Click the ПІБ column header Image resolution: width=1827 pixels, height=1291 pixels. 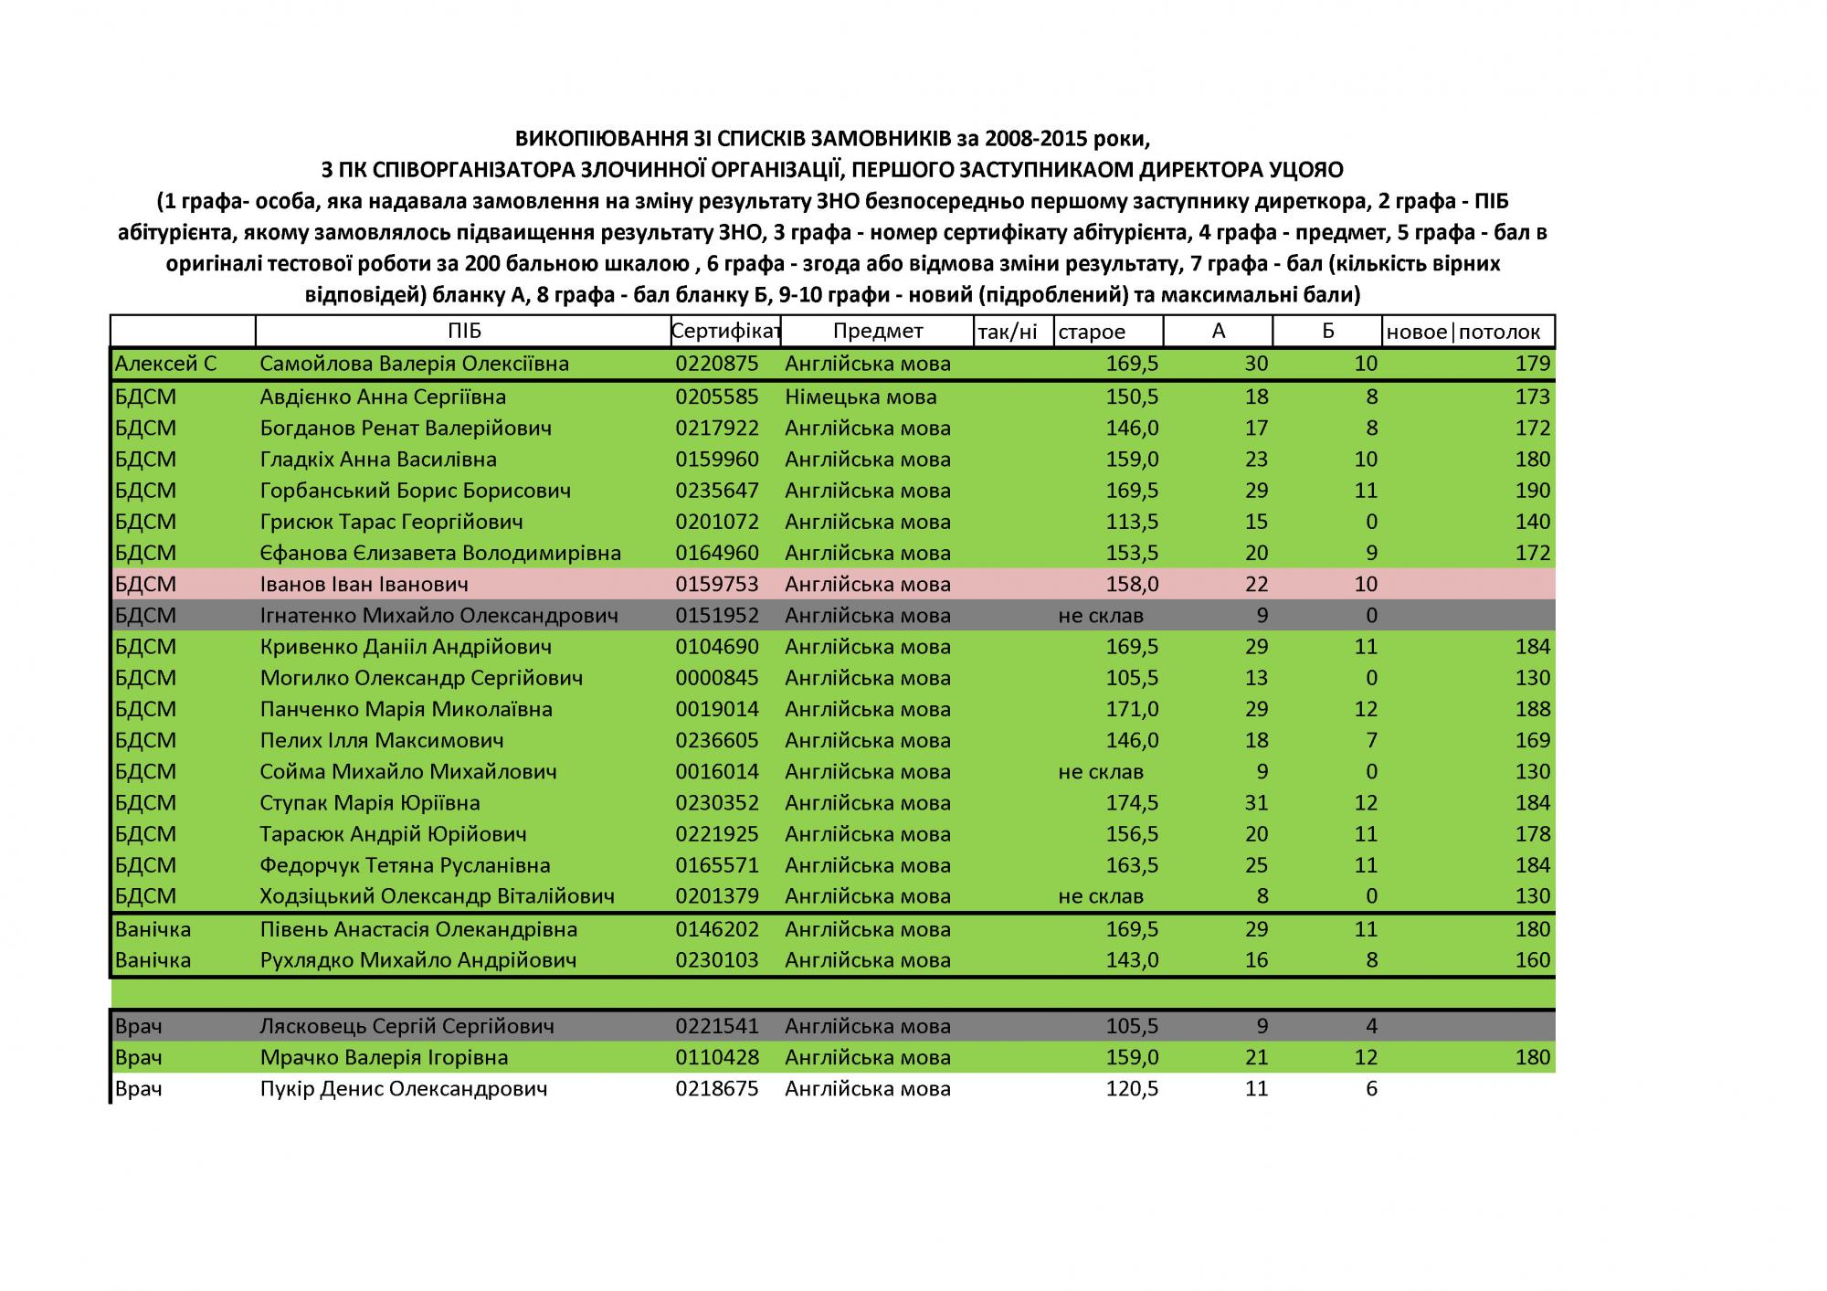click(x=464, y=332)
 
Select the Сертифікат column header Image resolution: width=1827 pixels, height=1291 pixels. click(x=725, y=332)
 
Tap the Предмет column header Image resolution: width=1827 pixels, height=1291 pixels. click(x=878, y=332)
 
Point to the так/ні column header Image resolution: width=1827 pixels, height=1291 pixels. click(x=1008, y=333)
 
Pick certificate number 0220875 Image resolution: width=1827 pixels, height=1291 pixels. click(x=717, y=364)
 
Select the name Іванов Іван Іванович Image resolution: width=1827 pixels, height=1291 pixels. click(x=364, y=584)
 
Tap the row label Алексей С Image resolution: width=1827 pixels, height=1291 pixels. click(x=165, y=364)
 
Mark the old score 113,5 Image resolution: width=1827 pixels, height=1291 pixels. click(x=1132, y=522)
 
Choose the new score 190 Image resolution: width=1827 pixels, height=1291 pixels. click(x=1532, y=491)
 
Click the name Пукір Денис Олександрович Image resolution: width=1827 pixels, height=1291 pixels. click(x=404, y=1089)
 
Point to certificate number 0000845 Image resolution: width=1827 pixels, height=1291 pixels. click(x=717, y=678)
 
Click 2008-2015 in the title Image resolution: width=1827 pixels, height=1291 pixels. click(x=1055, y=139)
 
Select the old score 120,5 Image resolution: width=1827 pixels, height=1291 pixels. click(x=1132, y=1089)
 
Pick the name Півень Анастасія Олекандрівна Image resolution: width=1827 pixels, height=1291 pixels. click(x=418, y=929)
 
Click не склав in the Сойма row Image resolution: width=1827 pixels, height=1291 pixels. click(x=1101, y=772)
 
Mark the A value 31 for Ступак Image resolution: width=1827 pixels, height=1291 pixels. click(x=1256, y=803)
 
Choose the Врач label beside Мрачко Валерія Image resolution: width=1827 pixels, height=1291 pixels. click(x=139, y=1058)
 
